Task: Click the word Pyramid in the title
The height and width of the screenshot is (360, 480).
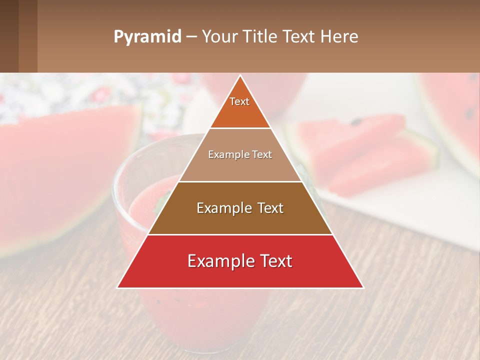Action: pos(147,36)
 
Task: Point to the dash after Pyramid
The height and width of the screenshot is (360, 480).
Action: pos(191,37)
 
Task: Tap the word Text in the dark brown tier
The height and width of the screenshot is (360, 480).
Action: pos(270,208)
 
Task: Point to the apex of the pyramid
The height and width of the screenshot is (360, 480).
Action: pos(240,76)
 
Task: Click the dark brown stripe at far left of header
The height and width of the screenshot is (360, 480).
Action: pos(9,36)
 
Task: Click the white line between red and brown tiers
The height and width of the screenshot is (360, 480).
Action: pos(240,234)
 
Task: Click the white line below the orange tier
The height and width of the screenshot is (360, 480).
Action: pos(240,128)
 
